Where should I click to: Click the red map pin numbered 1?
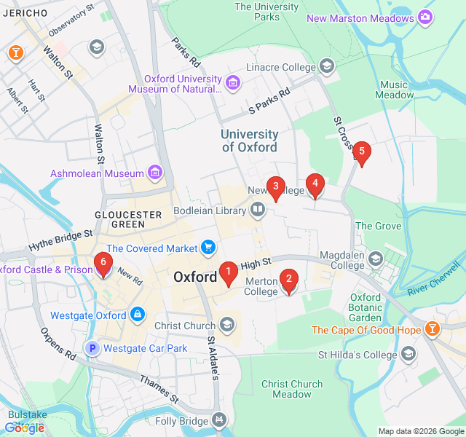point(228,273)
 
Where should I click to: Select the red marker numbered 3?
point(275,187)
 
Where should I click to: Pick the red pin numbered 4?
point(315,185)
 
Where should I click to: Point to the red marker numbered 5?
point(362,152)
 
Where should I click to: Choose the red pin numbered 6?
point(103,264)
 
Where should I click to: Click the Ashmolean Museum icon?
point(154,173)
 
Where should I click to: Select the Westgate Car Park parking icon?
point(92,348)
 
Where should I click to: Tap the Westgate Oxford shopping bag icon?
point(136,315)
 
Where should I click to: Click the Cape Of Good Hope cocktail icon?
point(433,330)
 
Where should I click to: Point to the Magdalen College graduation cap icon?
point(376,259)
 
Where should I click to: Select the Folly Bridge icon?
point(218,420)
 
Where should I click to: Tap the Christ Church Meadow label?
point(291,389)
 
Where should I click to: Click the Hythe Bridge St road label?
point(62,240)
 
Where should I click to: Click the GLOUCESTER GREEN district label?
point(128,219)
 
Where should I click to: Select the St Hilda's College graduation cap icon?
point(408,355)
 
